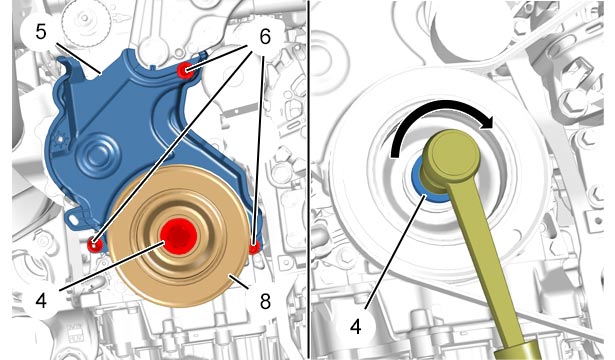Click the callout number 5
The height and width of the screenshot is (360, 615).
point(41,32)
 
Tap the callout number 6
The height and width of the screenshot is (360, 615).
point(265,37)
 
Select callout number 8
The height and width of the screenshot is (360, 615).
point(266,302)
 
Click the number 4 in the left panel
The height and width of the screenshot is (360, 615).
point(41,302)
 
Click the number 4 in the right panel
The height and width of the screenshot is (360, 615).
point(356,326)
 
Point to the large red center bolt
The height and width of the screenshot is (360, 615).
point(178,236)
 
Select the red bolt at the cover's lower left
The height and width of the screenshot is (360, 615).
point(95,245)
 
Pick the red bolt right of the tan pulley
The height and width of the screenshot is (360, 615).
point(254,247)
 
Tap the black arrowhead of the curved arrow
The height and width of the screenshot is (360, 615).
point(487,124)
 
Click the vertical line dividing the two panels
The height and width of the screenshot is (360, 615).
point(309,180)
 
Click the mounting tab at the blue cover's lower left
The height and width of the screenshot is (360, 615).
point(75,218)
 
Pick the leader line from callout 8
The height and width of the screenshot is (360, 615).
point(238,282)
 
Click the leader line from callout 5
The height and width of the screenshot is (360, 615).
point(78,58)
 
